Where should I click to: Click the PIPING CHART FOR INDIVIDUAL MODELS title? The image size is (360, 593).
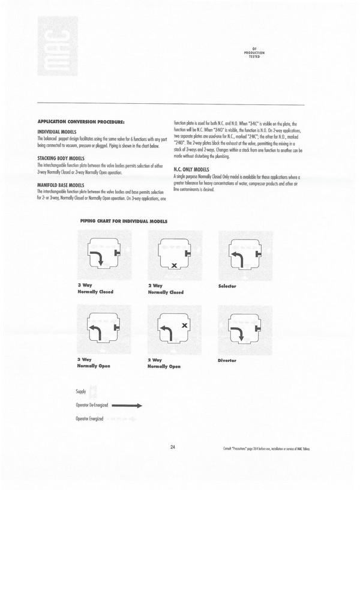(x=124, y=221)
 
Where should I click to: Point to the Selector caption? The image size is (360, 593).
(x=227, y=286)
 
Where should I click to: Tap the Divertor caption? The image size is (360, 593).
(x=227, y=360)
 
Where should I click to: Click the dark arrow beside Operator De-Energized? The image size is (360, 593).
(x=127, y=405)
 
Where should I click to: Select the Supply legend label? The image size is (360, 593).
(x=81, y=391)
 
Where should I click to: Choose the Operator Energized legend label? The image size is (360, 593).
(x=90, y=418)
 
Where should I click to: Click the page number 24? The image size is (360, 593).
(x=172, y=447)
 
